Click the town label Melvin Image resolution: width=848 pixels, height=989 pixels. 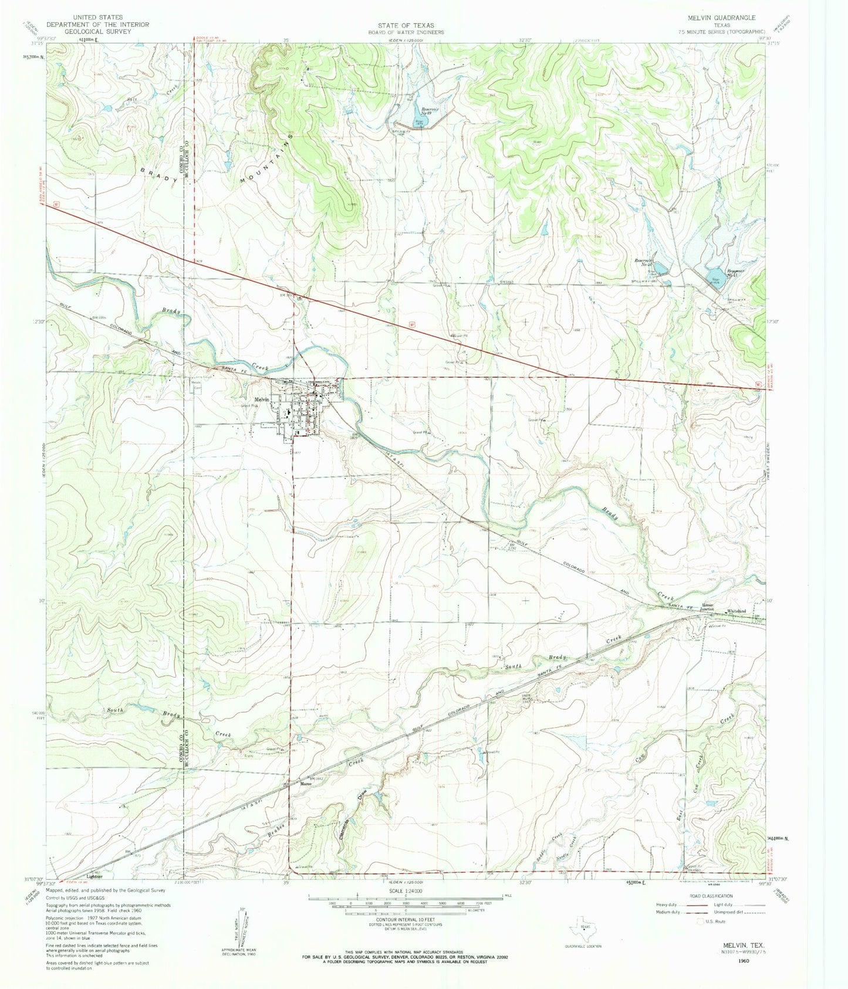(262, 399)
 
